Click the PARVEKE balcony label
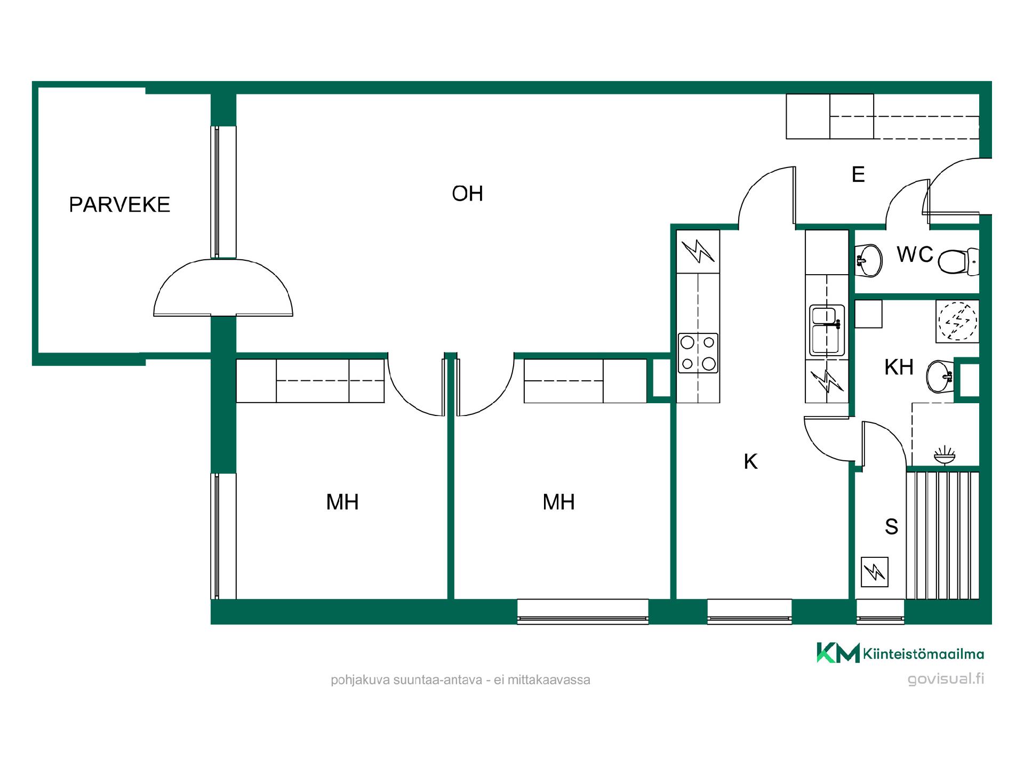click(x=119, y=205)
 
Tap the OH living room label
click(x=467, y=194)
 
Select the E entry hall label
click(x=858, y=174)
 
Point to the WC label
click(x=915, y=254)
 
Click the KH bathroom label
click(x=899, y=367)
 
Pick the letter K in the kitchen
click(x=750, y=461)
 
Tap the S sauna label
click(x=891, y=526)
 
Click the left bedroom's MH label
click(x=342, y=502)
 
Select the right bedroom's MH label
click(x=559, y=502)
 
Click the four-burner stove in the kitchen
click(x=698, y=353)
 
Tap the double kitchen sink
click(x=827, y=330)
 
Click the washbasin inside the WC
click(x=868, y=260)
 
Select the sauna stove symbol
click(x=875, y=572)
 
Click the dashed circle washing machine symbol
click(x=958, y=321)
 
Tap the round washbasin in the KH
click(x=940, y=377)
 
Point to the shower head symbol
click(x=945, y=455)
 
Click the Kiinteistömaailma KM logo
click(x=900, y=653)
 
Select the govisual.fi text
click(x=946, y=679)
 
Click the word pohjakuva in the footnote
click(x=360, y=681)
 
